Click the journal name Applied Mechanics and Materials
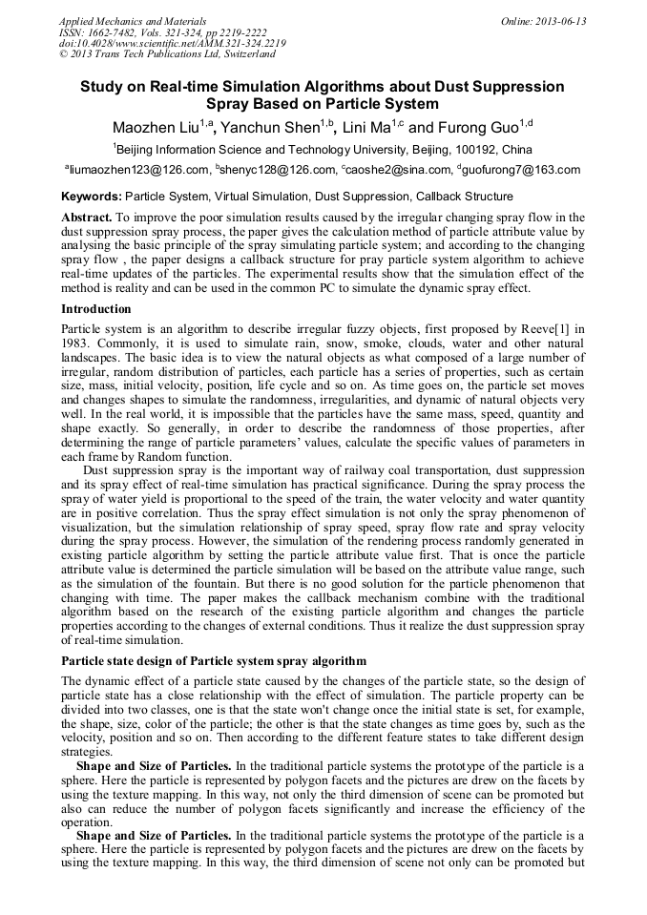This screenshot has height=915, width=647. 132,21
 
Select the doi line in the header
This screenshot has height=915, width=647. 172,43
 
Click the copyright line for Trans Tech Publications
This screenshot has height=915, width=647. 167,54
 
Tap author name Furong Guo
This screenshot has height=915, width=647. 470,128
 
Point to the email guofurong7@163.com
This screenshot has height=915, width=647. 522,171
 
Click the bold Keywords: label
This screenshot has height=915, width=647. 91,197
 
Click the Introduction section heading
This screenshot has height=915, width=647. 95,309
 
